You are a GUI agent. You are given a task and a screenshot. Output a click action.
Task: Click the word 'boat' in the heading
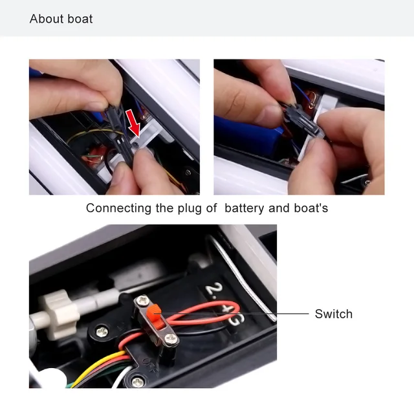pos(80,19)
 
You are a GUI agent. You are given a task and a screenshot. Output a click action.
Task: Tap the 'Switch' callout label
pos(333,314)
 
